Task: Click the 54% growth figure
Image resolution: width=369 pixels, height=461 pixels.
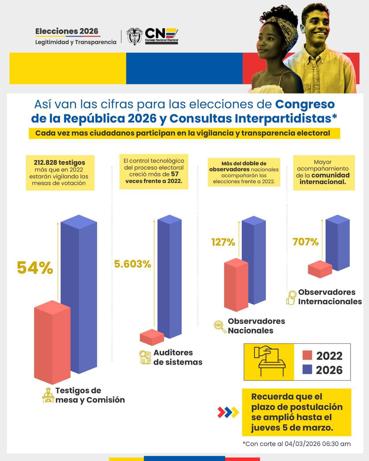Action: click(35, 268)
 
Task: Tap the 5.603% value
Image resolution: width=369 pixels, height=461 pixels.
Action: click(133, 264)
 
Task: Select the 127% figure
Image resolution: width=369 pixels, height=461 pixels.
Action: click(223, 242)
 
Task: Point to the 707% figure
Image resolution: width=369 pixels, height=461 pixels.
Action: click(306, 242)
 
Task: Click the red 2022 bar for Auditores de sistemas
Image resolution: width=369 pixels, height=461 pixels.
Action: click(152, 337)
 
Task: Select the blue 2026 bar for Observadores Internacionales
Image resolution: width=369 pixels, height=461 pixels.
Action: click(338, 243)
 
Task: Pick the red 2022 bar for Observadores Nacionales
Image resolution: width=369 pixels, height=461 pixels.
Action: click(236, 285)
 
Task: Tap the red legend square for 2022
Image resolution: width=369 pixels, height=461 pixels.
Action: click(307, 355)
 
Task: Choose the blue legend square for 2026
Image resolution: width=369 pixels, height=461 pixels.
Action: click(307, 370)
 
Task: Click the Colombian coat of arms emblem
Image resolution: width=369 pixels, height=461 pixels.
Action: click(134, 36)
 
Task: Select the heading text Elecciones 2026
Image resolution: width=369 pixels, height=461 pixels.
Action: click(67, 31)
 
